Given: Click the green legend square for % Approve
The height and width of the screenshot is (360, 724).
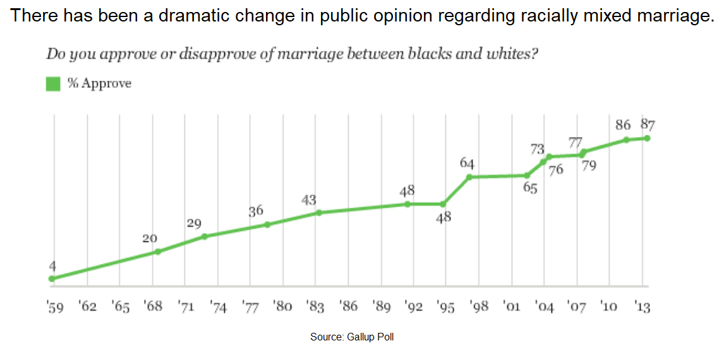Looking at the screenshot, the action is tap(53, 84).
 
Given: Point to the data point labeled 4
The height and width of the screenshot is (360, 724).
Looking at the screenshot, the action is tap(52, 279).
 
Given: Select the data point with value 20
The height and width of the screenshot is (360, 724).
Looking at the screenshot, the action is tap(158, 251).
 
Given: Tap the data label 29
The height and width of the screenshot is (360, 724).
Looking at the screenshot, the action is tap(195, 224).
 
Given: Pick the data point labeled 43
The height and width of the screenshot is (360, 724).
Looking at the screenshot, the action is tap(318, 213).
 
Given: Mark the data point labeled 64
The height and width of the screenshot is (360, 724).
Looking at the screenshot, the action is tap(469, 177).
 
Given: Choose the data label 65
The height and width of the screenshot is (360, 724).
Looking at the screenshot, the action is tap(530, 188).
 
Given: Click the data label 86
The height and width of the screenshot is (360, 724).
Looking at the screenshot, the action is tap(624, 125).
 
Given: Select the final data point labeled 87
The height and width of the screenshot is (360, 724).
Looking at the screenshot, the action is tap(647, 138).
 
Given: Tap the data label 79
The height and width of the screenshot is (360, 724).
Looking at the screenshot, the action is tap(588, 165).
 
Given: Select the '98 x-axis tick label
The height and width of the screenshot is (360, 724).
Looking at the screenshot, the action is tap(479, 307).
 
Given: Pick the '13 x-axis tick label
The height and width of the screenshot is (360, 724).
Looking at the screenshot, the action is tap(642, 307).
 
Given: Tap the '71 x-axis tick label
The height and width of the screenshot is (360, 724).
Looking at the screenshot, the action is tap(186, 307).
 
